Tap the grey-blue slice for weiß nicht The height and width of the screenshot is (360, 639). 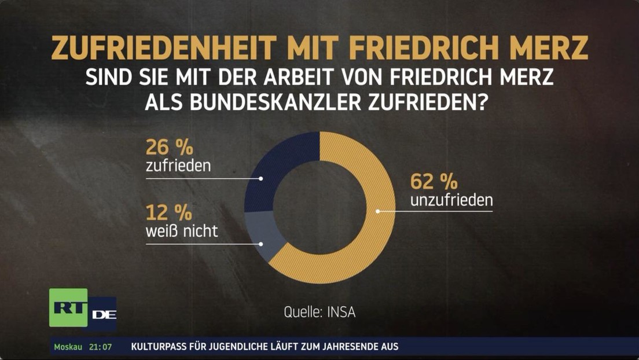coord(266,232)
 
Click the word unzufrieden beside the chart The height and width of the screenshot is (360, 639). coord(451,201)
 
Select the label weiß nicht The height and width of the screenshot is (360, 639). coord(182,232)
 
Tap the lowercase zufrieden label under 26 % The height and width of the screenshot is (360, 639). coord(178,167)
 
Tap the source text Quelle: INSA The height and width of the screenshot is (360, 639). coord(319,313)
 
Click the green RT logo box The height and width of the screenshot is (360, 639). coord(68,307)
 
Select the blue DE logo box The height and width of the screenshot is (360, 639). coord(103,314)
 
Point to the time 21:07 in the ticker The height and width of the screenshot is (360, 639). coord(100,347)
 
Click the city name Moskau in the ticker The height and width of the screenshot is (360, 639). coord(68,347)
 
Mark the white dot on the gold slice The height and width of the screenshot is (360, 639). coord(377,211)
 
